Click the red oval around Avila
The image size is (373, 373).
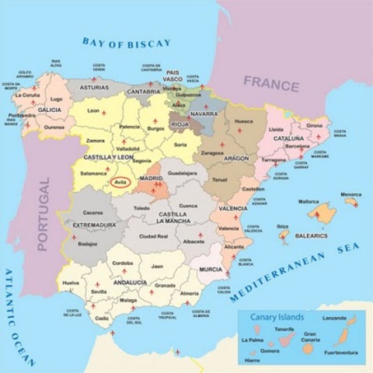tap(120, 183)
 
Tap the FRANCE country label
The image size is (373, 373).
tap(270, 81)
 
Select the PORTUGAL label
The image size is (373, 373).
tap(44, 213)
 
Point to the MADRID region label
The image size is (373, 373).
tap(151, 179)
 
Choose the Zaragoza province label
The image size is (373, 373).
tap(211, 153)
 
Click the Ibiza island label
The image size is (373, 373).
tap(283, 226)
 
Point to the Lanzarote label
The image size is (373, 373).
tap(336, 318)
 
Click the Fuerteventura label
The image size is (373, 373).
tap(339, 352)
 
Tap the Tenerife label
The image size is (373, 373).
tap(284, 329)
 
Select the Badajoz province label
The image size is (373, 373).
tap(88, 243)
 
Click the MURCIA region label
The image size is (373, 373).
tap(210, 269)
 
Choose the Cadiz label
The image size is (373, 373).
tap(102, 319)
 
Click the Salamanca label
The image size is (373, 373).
tap(93, 173)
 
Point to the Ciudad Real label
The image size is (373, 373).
tap(153, 236)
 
